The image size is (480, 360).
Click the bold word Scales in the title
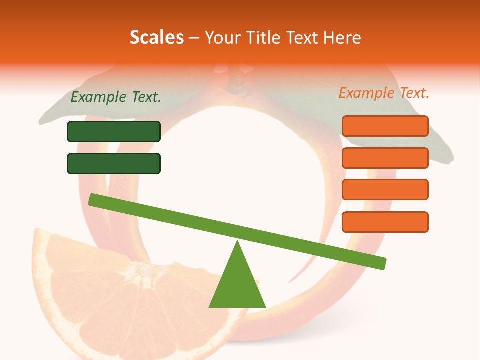[x=156, y=37]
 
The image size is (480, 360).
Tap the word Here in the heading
[x=343, y=37]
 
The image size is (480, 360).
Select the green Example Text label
[x=116, y=97]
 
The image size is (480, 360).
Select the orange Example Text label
[x=384, y=93]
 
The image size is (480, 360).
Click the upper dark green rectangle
[x=114, y=131]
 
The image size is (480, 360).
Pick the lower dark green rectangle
[x=114, y=163]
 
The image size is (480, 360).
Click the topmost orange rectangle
[x=385, y=126]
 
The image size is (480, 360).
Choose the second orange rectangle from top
[x=385, y=158]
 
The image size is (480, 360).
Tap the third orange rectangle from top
[x=385, y=189]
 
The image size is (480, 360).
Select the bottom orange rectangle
[x=385, y=222]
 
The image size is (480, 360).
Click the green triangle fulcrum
[x=237, y=285]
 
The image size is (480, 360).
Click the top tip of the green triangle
[x=238, y=243]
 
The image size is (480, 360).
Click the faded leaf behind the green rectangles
[x=55, y=115]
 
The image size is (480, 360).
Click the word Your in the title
[x=222, y=37]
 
